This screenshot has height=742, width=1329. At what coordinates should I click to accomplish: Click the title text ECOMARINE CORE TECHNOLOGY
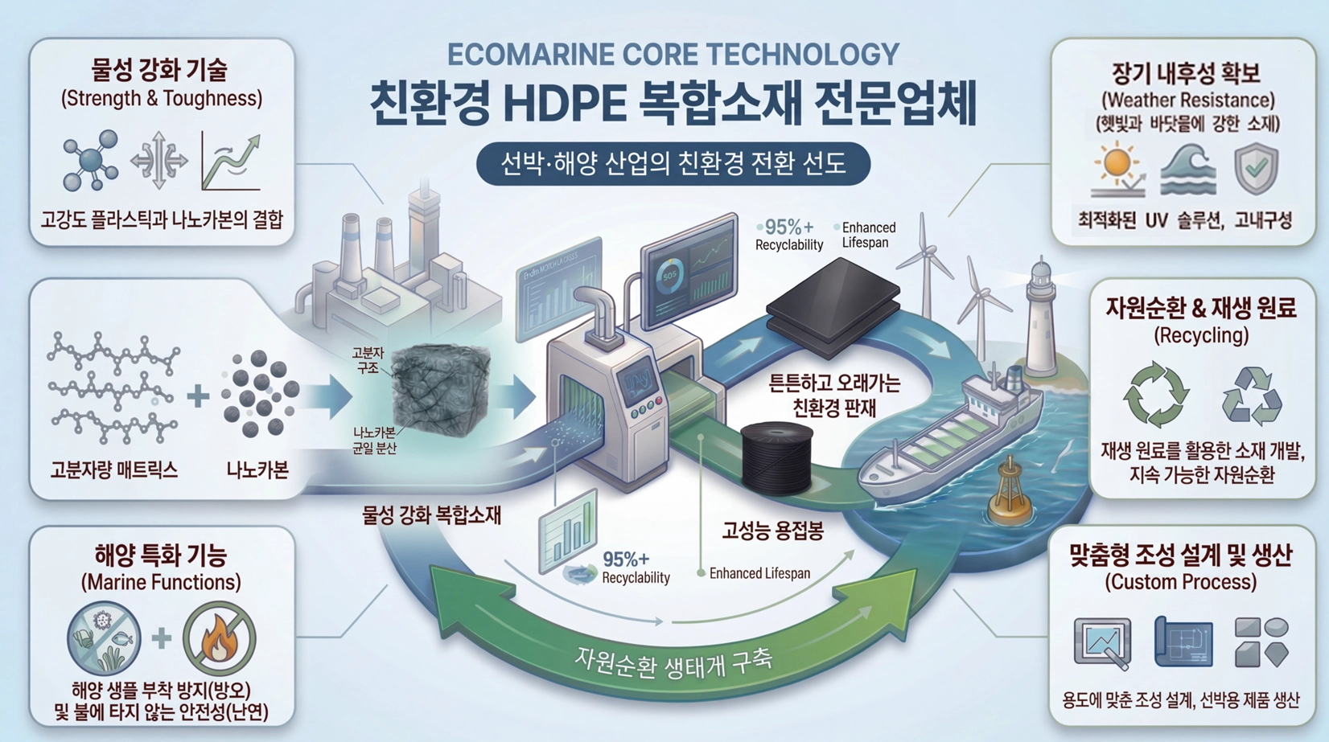pos(673,55)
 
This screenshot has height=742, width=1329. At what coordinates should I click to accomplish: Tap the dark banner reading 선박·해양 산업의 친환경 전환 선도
pos(673,164)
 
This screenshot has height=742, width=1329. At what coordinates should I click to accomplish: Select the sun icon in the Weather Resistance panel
pos(1117,166)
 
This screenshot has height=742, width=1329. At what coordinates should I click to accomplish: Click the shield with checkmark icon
pos(1256,169)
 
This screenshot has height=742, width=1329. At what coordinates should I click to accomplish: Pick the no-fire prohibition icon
pos(219,638)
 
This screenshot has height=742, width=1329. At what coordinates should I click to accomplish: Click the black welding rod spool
pos(776,458)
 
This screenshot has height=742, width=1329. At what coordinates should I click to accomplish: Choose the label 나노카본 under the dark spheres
pos(257,470)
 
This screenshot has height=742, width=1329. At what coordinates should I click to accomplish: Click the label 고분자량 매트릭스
pos(113,470)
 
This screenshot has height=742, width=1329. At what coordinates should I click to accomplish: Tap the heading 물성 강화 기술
pos(160,70)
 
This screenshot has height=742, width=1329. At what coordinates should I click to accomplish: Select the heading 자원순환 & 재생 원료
pos(1201,308)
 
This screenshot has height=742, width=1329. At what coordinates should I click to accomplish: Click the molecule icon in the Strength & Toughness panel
pos(90,161)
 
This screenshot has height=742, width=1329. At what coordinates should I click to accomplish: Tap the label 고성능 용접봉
pos(772,531)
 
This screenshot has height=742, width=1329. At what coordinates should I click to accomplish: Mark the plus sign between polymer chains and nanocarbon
pos(198,396)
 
